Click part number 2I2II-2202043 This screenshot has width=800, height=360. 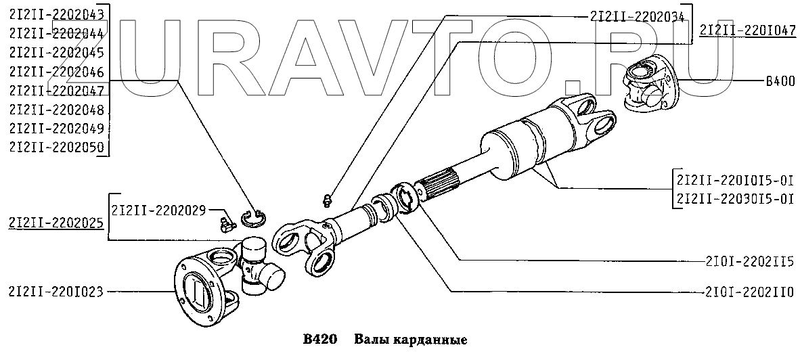click(58, 14)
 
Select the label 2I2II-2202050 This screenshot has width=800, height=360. click(58, 148)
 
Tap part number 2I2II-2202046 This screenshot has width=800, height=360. click(58, 71)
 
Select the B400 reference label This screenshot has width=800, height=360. click(779, 81)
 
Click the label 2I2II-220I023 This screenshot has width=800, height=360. click(56, 292)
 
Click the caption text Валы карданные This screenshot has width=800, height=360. click(411, 338)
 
